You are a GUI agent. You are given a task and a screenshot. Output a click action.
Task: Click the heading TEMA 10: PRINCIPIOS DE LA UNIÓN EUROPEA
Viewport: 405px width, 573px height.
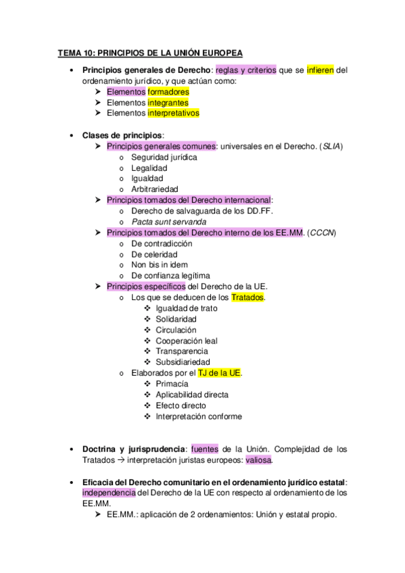[x=150, y=53]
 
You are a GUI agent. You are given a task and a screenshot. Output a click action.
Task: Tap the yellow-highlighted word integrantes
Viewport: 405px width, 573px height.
[x=168, y=103]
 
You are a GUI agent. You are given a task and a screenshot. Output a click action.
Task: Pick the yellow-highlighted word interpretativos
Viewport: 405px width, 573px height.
[x=174, y=114]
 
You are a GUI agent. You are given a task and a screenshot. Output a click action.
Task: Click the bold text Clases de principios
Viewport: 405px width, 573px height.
[x=122, y=135]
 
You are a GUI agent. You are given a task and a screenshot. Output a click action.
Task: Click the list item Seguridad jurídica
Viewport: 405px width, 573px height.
[x=164, y=157]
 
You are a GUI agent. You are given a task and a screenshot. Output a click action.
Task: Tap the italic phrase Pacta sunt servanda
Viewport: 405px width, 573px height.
[x=169, y=222]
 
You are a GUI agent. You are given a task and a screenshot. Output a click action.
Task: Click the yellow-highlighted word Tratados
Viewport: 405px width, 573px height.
[x=248, y=297]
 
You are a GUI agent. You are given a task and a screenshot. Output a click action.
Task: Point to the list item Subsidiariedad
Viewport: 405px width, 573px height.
[x=187, y=362]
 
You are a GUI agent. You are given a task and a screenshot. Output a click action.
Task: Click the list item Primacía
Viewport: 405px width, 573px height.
[x=172, y=384]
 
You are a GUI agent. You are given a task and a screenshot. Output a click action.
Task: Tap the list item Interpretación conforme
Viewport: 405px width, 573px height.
[x=199, y=416]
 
